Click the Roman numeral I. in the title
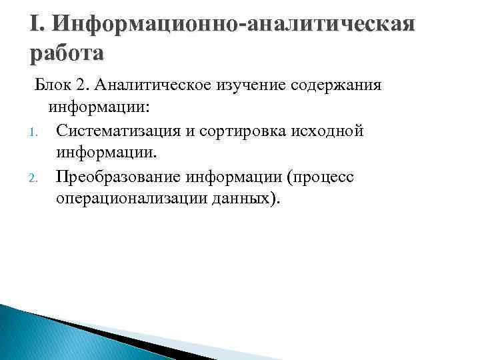click(37, 25)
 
